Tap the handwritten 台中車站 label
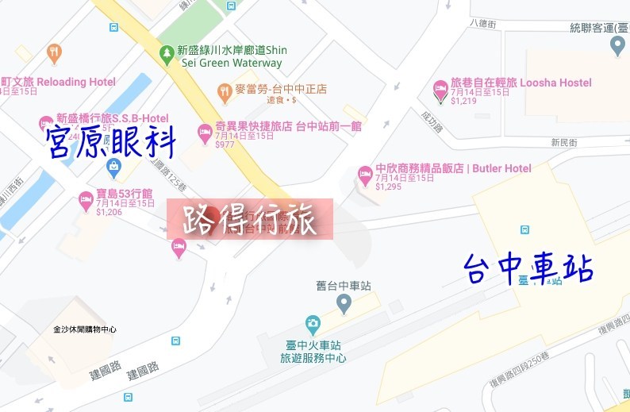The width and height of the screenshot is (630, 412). [x=528, y=268]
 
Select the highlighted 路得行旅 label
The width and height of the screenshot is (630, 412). [x=249, y=219]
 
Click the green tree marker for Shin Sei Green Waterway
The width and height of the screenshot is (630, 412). [x=167, y=55]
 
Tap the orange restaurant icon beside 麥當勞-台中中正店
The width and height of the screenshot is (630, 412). [x=225, y=90]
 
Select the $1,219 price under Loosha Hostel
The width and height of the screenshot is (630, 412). [x=463, y=101]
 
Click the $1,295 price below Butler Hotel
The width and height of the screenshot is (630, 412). [x=389, y=187]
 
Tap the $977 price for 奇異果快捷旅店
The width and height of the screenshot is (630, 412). [x=225, y=144]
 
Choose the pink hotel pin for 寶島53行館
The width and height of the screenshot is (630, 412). [x=86, y=200]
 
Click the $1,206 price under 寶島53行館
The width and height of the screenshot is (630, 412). [x=109, y=212]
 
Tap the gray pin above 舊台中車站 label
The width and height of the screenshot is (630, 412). [x=344, y=302]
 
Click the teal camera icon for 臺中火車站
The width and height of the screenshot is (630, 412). [x=313, y=324]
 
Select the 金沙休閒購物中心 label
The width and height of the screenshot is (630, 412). [x=85, y=329]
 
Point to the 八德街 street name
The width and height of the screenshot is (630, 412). [x=482, y=24]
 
